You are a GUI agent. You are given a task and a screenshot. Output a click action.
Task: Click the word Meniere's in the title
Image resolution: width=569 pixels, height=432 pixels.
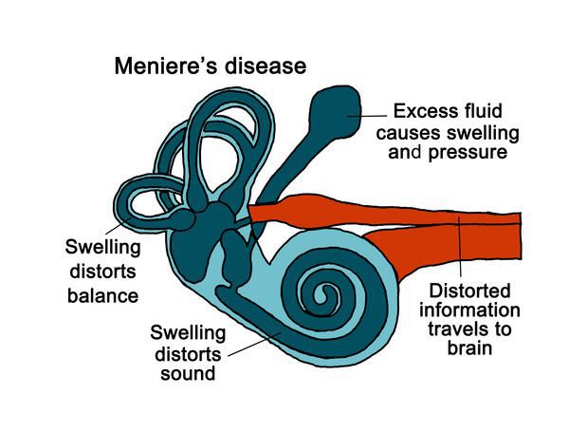coord(167,66)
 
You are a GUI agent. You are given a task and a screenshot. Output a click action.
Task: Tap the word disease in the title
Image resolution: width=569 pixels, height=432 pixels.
coord(266,66)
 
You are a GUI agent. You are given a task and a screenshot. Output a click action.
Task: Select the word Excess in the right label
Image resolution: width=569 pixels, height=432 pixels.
coord(421,111)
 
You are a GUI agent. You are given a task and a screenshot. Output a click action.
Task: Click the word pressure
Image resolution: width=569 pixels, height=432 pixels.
coord(468,153)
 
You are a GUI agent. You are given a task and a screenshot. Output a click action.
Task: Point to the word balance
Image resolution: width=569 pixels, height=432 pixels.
coord(103,295)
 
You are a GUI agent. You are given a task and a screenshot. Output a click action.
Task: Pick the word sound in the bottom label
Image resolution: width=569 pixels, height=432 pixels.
coord(188,373)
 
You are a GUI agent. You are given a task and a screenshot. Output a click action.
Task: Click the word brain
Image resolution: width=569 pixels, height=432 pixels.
coord(469,347)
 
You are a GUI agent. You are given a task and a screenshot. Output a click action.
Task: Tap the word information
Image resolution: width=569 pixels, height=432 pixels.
coord(469,310)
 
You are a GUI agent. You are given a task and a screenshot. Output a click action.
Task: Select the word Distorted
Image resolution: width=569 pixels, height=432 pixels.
coord(469,291)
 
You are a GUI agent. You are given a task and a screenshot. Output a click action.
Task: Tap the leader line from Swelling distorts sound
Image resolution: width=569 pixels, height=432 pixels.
coord(254,344)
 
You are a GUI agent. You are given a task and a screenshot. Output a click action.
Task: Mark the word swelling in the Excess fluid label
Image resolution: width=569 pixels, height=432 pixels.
coord(483,133)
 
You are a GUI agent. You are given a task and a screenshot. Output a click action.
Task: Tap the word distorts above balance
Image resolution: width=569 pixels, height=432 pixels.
coord(102,272)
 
